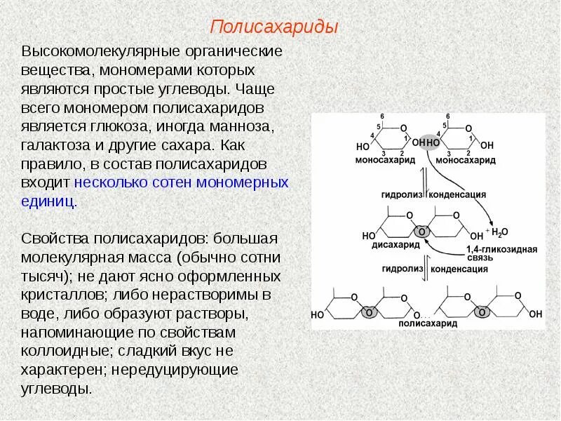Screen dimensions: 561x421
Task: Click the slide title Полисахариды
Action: pyautogui.click(x=274, y=27)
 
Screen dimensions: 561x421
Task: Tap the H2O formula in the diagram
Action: pyautogui.click(x=499, y=232)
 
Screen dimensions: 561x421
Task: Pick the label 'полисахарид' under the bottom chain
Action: pyautogui.click(x=427, y=323)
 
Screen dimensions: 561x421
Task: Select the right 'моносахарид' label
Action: pyautogui.click(x=464, y=161)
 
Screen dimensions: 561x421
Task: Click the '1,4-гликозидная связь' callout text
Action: pyautogui.click(x=510, y=253)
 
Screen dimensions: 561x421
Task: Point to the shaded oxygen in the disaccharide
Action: pyautogui.click(x=422, y=231)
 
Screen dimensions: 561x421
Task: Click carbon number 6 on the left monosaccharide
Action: pyautogui.click(x=382, y=116)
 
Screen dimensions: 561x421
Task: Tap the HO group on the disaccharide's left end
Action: pyautogui.click(x=369, y=236)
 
